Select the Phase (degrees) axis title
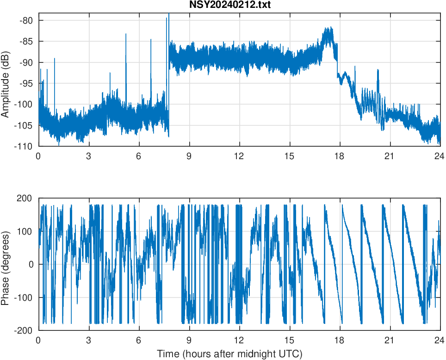point(6,264)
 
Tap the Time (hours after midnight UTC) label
point(229,354)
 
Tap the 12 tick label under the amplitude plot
point(239,156)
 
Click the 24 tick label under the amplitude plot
point(440,156)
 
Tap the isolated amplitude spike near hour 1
point(55,59)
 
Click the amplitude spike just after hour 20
point(378,70)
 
